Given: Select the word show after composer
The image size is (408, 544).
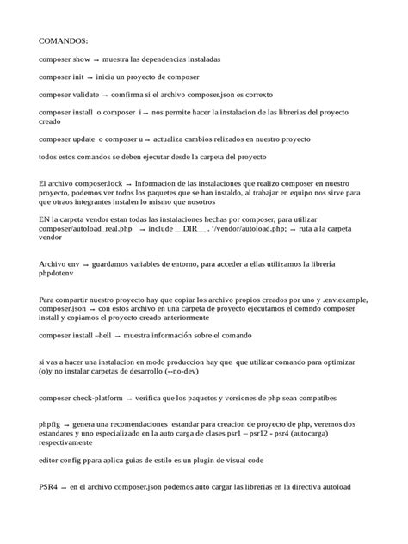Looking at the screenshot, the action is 80,59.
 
